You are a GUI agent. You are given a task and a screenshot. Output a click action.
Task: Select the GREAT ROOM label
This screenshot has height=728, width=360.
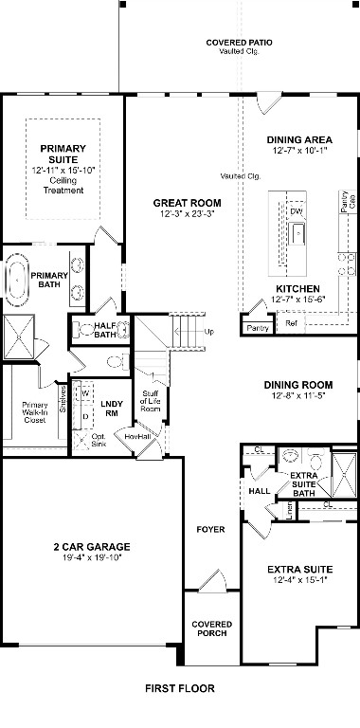tap(189, 203)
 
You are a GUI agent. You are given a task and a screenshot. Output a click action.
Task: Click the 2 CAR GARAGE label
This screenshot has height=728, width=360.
tap(92, 547)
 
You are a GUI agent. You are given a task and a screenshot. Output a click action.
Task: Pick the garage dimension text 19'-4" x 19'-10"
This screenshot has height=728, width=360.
tap(92, 559)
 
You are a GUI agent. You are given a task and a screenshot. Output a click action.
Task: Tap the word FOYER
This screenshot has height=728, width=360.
tap(210, 529)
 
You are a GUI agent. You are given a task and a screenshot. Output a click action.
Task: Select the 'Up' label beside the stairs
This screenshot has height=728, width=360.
tap(209, 332)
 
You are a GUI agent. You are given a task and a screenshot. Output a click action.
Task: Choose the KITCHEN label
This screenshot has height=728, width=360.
tap(297, 288)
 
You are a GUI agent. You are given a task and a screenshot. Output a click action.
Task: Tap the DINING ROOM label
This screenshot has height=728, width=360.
tap(298, 384)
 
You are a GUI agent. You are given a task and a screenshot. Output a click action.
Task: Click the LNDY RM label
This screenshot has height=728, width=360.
tap(112, 408)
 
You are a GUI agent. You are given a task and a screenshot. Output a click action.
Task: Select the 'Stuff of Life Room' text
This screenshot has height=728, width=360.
tap(151, 402)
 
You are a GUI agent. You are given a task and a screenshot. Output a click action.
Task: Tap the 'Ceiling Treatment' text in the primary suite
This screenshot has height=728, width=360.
tap(63, 185)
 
